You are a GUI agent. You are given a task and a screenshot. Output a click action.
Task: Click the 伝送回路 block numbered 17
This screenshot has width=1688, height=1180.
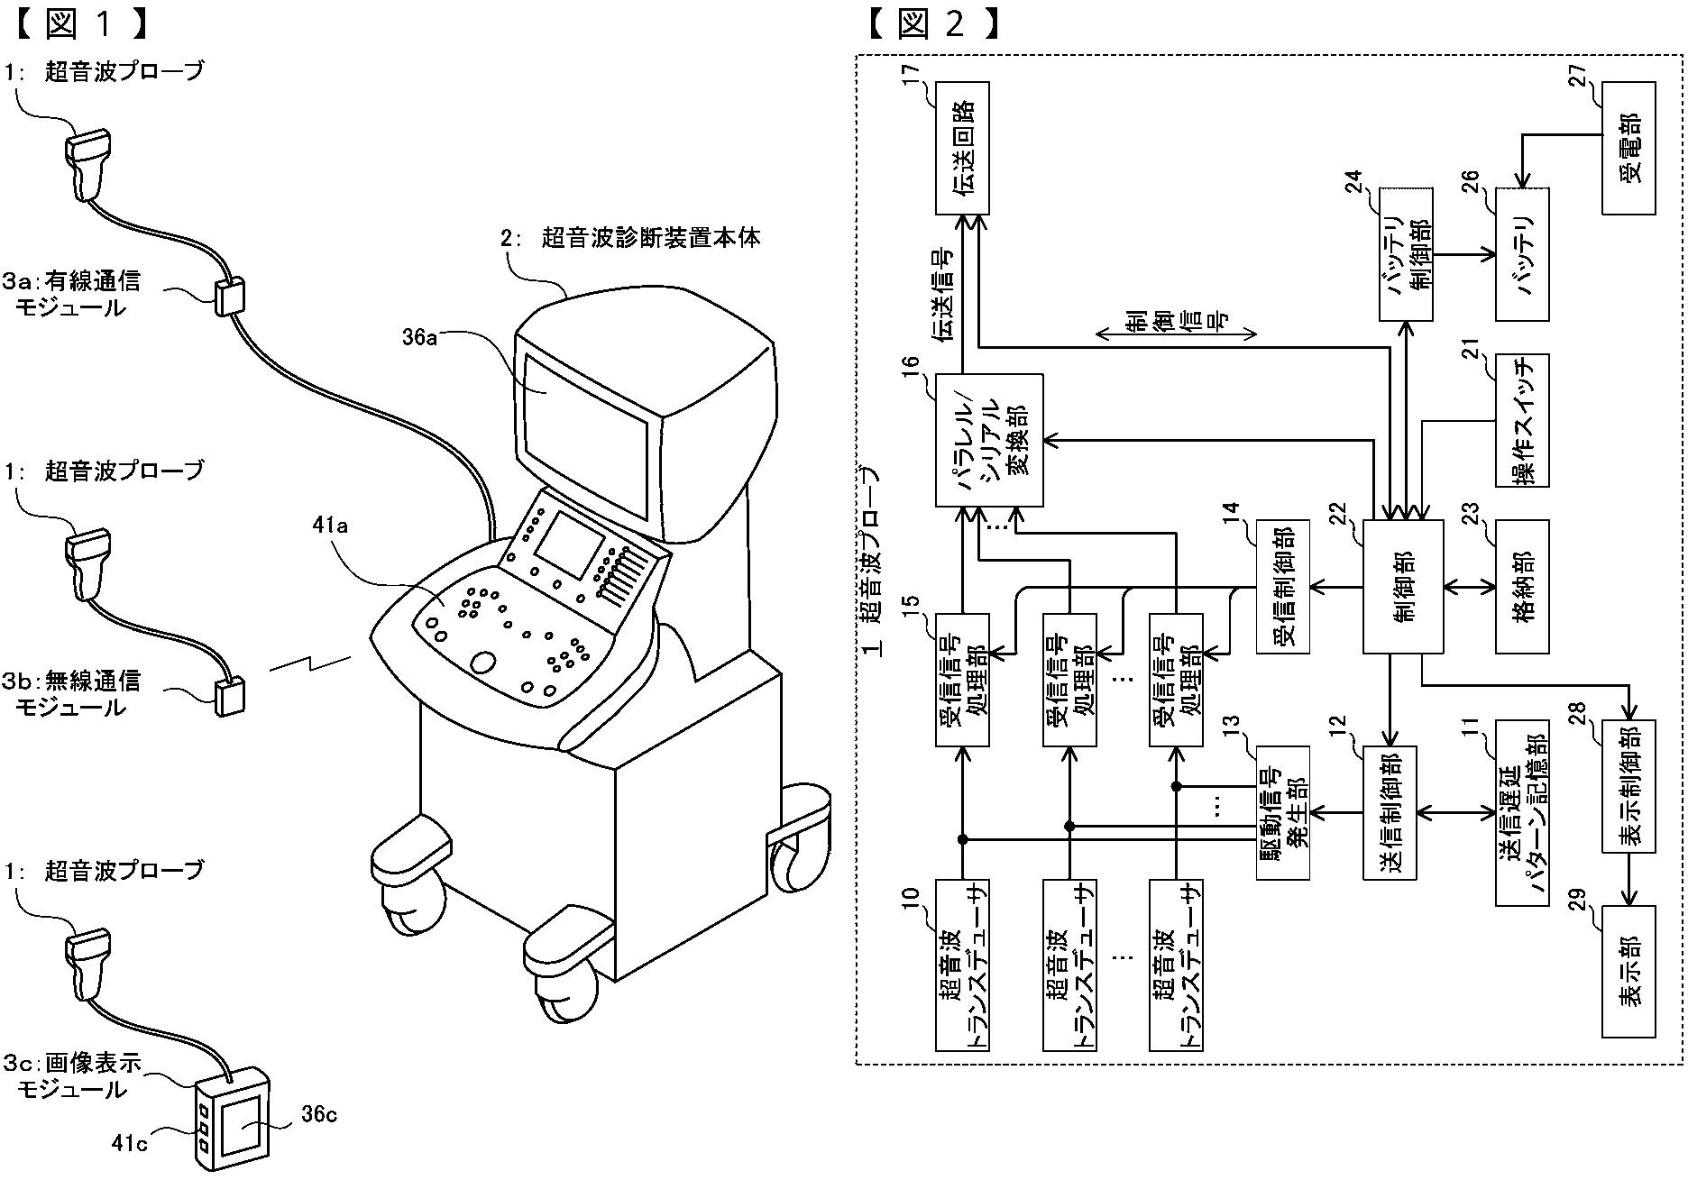pyautogui.click(x=962, y=148)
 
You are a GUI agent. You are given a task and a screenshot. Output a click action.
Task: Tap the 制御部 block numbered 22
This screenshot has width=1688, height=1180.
pyautogui.click(x=1390, y=587)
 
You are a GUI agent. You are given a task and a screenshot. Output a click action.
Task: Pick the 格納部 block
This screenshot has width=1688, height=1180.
pyautogui.click(x=1523, y=587)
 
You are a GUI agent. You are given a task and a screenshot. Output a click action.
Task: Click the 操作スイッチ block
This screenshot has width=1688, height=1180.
pyautogui.click(x=1523, y=420)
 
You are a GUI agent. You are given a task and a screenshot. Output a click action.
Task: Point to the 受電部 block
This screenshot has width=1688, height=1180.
pyautogui.click(x=1628, y=148)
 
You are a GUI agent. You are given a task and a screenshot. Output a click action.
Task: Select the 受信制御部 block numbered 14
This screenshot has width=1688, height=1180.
pyautogui.click(x=1283, y=587)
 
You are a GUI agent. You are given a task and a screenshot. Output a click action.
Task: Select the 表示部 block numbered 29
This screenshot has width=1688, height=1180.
pyautogui.click(x=1628, y=972)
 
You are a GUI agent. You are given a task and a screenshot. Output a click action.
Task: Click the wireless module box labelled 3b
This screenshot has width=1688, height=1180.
pyautogui.click(x=230, y=696)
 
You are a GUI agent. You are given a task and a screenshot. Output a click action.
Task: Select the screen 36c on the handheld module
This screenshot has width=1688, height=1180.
pyautogui.click(x=241, y=1124)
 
